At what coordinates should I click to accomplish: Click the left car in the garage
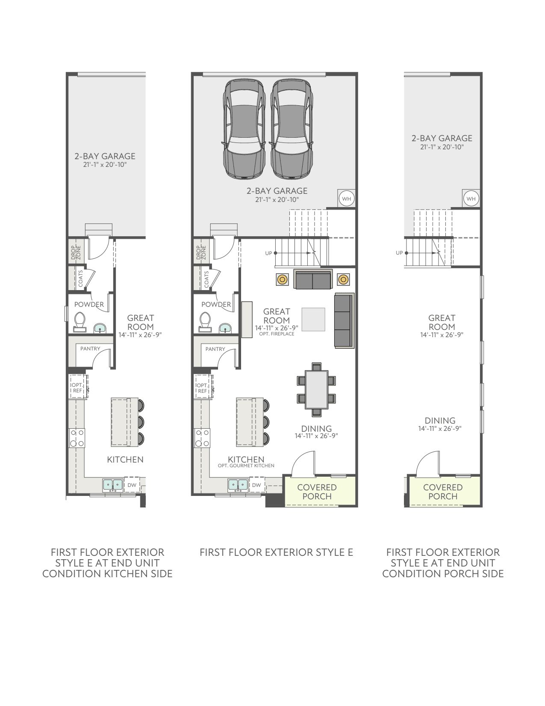tap(244, 129)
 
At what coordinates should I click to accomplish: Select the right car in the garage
tap(292, 129)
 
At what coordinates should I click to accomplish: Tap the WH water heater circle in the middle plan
tap(346, 199)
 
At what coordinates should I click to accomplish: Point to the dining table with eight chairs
tap(316, 389)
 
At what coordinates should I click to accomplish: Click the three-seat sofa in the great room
tap(345, 320)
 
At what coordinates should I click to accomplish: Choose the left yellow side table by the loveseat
tap(282, 279)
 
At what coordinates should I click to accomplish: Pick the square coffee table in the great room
tap(313, 319)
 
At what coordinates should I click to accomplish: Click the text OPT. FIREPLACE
tap(277, 334)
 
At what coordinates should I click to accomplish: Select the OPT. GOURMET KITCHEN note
tap(246, 466)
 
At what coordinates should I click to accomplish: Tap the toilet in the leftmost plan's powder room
tap(80, 322)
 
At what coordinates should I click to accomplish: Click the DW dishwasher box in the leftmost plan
tap(132, 485)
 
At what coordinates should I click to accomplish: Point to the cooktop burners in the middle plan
tap(202, 438)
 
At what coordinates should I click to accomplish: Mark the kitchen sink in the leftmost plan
tap(113, 485)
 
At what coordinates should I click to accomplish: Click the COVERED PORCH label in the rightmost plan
tap(443, 492)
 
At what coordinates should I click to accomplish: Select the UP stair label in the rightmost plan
tap(399, 253)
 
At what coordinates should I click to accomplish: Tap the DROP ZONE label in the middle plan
tap(201, 252)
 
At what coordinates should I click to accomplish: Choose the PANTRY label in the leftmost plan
tap(90, 349)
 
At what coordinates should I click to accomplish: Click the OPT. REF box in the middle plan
tap(203, 386)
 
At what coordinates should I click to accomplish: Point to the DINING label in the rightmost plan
tap(440, 421)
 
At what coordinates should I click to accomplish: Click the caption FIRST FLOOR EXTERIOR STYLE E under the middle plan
tap(276, 552)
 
